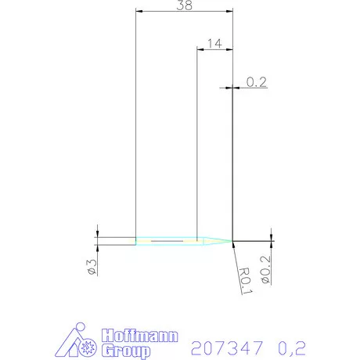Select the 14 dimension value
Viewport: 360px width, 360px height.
click(x=216, y=43)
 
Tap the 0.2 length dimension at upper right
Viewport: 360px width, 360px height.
click(x=256, y=81)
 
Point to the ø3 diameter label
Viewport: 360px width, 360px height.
click(x=91, y=266)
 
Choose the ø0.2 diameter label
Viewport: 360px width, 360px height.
click(x=265, y=268)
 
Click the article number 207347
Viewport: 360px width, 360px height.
click(x=221, y=344)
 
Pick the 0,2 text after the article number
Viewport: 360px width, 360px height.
click(x=291, y=344)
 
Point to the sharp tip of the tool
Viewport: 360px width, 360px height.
click(x=232, y=240)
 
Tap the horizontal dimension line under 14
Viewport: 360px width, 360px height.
click(x=214, y=50)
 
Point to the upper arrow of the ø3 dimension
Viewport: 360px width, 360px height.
click(x=98, y=232)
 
